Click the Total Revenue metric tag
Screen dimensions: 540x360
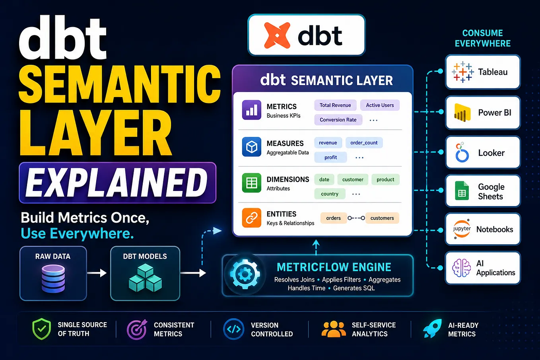pos(335,105)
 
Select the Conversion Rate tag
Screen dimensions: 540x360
pos(338,120)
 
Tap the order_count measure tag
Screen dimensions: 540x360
pos(364,143)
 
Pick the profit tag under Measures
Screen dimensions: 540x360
pos(330,157)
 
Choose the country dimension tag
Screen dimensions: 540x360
pos(330,194)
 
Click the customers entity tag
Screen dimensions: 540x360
pos(382,218)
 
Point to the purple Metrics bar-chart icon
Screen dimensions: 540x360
pos(251,110)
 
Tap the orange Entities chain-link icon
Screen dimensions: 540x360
pos(251,218)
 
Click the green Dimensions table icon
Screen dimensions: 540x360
pos(251,183)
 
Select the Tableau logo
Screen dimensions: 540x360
pos(462,72)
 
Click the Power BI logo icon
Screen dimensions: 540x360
pos(462,112)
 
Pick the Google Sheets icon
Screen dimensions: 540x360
pos(462,191)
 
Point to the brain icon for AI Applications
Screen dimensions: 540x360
pos(461,268)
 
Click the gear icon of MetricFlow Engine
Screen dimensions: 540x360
pos(245,274)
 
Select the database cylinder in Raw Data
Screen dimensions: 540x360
pos(53,278)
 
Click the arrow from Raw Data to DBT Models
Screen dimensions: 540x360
pos(97,273)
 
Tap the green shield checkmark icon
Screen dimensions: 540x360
pos(41,329)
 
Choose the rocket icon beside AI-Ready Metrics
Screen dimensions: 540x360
pos(433,329)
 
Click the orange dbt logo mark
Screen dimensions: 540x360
pos(277,35)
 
